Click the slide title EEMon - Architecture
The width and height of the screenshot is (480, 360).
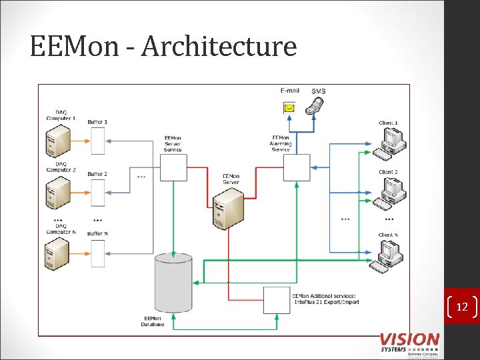tap(163, 47)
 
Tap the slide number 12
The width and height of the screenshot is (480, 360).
tap(461, 307)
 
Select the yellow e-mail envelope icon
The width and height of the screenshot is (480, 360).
tap(289, 107)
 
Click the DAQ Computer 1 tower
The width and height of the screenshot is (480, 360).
tap(58, 140)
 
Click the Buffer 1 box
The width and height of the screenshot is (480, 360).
tap(97, 141)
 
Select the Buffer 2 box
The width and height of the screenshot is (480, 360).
tap(97, 193)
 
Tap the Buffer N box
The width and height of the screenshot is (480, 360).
tap(97, 253)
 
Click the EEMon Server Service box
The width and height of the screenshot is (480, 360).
tap(173, 167)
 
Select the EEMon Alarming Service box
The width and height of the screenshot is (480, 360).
tap(297, 167)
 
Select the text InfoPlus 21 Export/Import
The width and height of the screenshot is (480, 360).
tap(325, 302)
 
